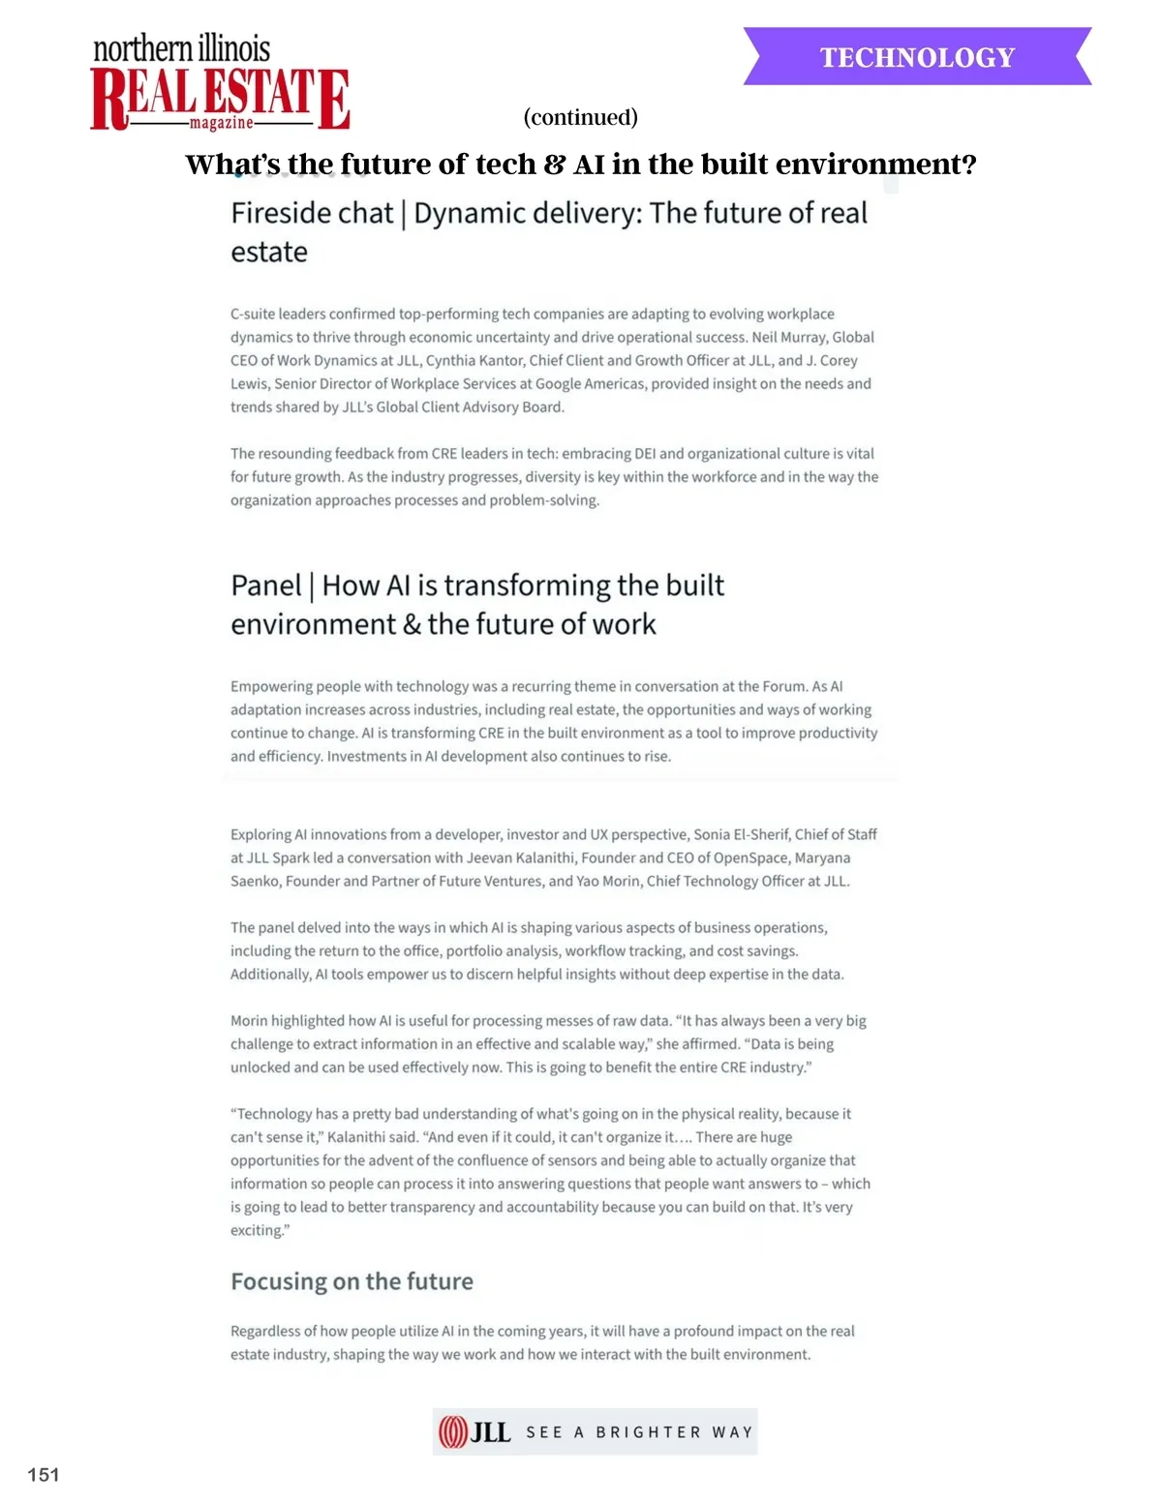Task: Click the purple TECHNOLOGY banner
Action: [x=917, y=57]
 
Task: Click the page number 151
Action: [x=44, y=1474]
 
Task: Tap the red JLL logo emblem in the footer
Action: [x=453, y=1431]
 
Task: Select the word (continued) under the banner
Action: [x=580, y=117]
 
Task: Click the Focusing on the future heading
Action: [x=352, y=1281]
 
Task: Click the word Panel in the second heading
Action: [x=266, y=586]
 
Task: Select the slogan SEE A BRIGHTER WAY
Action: [x=639, y=1432]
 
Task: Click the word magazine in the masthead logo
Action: [x=221, y=123]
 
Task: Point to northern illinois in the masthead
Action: [x=181, y=48]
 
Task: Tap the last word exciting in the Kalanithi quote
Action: [x=257, y=1230]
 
